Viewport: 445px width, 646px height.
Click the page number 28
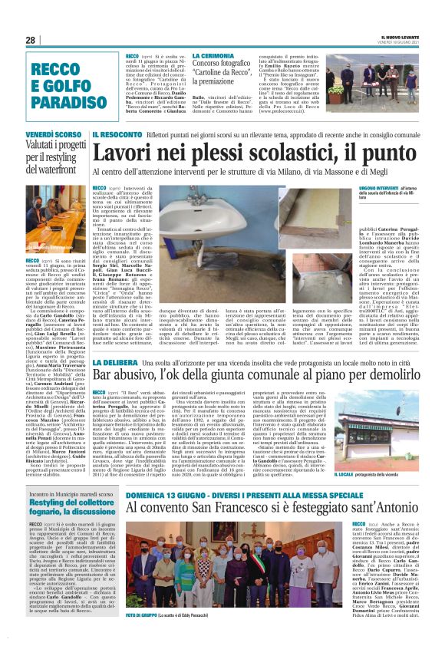point(31,40)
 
